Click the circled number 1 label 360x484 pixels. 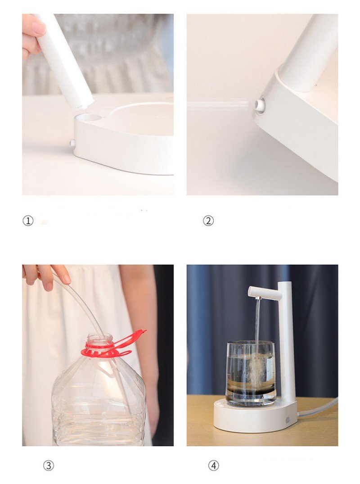[x=28, y=221]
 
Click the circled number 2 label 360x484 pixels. [x=208, y=221]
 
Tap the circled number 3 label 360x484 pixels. [x=48, y=465]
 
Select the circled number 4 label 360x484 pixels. [x=213, y=465]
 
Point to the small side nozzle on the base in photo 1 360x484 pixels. [x=72, y=143]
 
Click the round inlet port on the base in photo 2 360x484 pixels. [x=260, y=104]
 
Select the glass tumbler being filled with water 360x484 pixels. [x=250, y=373]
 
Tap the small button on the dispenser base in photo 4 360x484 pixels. [x=288, y=420]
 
